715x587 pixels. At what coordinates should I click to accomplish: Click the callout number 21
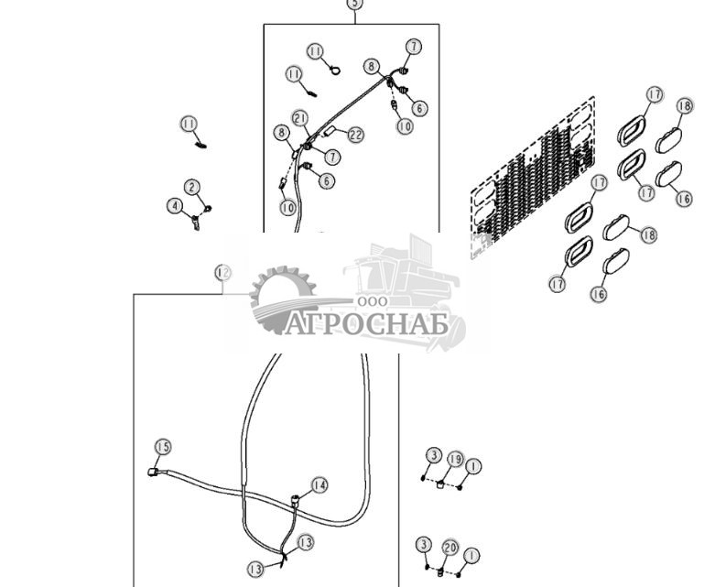pos(300,118)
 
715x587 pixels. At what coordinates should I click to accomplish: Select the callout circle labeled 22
pos(355,135)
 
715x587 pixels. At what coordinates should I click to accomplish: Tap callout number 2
pos(192,188)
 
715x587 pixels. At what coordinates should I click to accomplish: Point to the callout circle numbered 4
pos(174,206)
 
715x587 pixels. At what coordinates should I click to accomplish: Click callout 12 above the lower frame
pos(222,273)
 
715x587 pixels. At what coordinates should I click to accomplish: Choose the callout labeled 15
pos(162,446)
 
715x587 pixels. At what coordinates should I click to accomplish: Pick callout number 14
pos(319,484)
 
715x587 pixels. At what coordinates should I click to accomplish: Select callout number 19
pos(455,457)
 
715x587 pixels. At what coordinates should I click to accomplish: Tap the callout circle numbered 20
pos(450,547)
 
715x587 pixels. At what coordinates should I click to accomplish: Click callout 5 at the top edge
pos(354,4)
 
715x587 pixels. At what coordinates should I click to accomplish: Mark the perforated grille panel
pos(531,174)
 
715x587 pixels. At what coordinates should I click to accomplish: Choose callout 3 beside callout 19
pos(433,455)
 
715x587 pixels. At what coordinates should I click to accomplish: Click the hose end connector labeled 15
pos(154,473)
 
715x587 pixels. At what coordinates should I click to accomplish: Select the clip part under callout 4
pos(196,223)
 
